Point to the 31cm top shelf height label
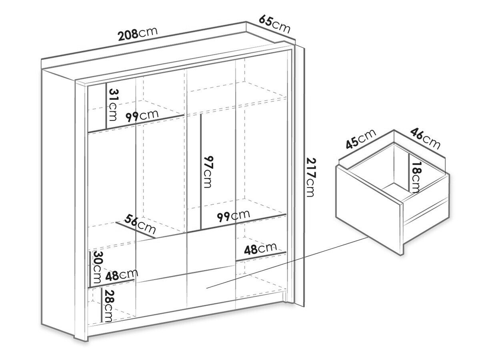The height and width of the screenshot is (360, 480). [x=113, y=105]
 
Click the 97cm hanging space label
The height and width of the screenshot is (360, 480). [x=208, y=172]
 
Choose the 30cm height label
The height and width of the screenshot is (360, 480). [x=97, y=267]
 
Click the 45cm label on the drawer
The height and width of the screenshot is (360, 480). [x=361, y=139]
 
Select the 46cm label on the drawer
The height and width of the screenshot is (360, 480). [x=425, y=138]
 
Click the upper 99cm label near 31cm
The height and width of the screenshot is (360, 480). [x=142, y=116]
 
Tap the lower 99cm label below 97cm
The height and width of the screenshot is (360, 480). [x=233, y=216]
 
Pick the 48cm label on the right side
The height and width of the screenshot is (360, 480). [x=260, y=249]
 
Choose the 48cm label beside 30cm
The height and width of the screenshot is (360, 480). [x=122, y=275]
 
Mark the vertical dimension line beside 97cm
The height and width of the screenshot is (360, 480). [x=200, y=172]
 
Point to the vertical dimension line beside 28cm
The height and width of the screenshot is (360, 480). [x=102, y=305]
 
